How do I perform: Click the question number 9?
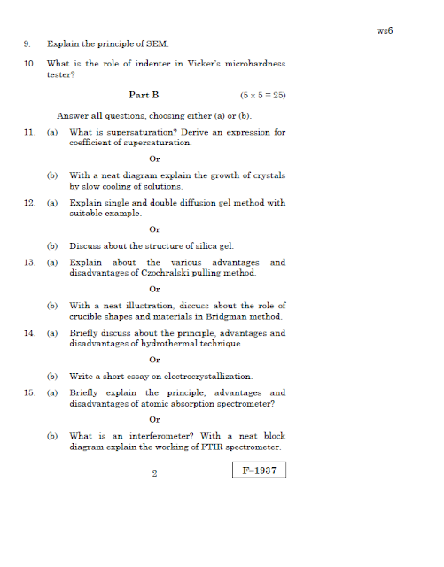click(27, 43)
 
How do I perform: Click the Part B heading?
click(144, 94)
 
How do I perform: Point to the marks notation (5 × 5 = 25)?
click(262, 94)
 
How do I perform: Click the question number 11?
click(29, 132)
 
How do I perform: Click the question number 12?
click(29, 203)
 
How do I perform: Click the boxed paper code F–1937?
click(260, 471)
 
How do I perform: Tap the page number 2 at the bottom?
click(154, 474)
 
